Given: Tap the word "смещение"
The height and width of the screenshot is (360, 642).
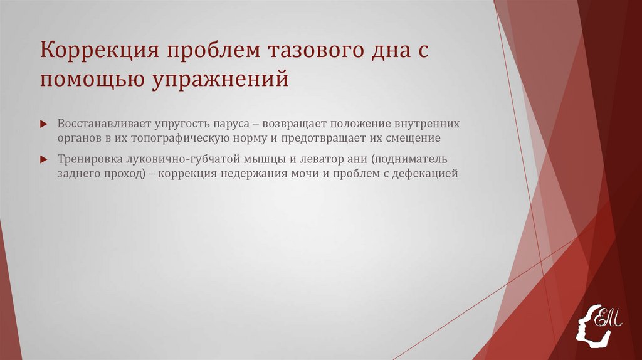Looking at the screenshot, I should (x=413, y=137).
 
